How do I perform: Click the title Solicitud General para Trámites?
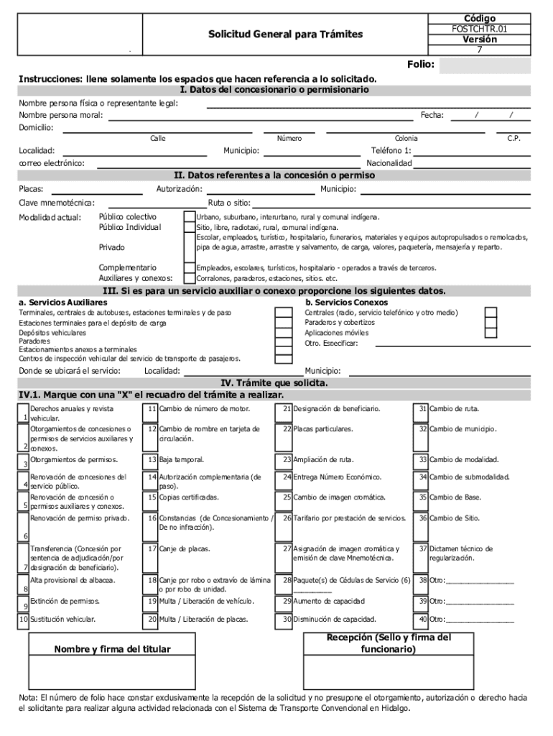coord(285,34)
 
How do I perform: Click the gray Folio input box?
coord(485,66)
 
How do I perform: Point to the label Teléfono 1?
coord(391,151)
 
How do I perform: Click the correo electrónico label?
coord(52,163)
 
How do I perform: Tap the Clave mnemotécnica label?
coord(57,203)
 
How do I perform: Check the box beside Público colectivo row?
coord(189,216)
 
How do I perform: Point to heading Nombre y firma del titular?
coord(112,649)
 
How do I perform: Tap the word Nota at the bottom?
coord(28,697)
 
